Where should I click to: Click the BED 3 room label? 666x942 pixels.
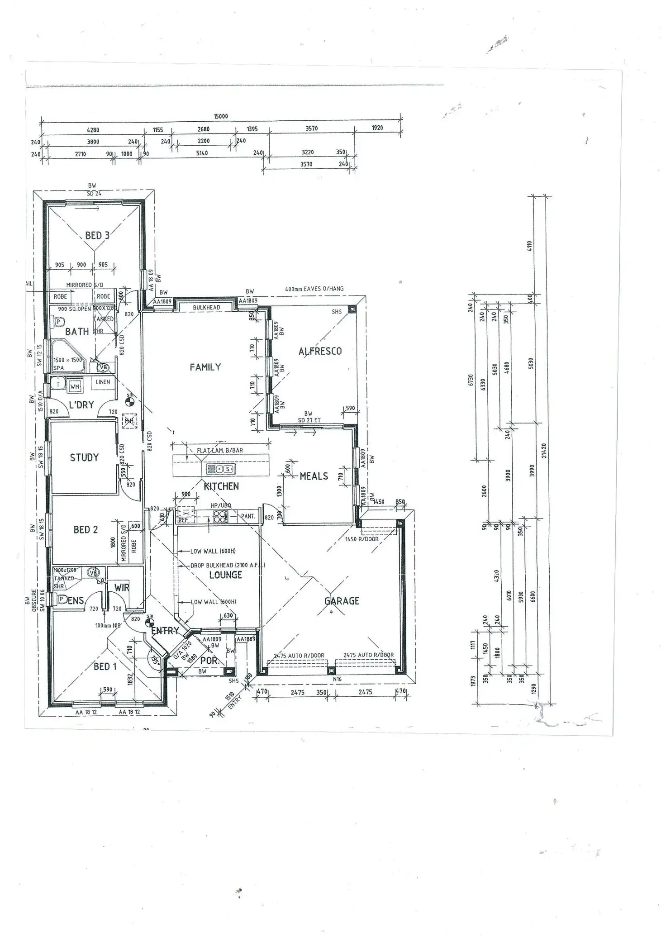click(x=97, y=235)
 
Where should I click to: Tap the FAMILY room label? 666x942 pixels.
click(x=205, y=367)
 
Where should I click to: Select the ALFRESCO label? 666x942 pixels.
click(x=320, y=351)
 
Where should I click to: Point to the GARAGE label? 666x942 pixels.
click(x=342, y=601)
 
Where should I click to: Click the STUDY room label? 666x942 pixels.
click(x=84, y=457)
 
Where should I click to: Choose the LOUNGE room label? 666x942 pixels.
click(x=225, y=575)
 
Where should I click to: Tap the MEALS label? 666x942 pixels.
click(x=314, y=476)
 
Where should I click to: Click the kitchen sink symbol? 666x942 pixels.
click(x=221, y=469)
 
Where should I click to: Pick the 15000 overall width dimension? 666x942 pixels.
click(x=220, y=116)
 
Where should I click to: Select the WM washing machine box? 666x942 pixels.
click(x=75, y=387)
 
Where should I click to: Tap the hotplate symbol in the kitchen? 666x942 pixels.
click(x=220, y=516)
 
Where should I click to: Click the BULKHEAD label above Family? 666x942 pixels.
click(x=206, y=308)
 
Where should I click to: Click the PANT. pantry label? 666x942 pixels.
click(x=247, y=516)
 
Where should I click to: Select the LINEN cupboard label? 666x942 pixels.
click(x=103, y=382)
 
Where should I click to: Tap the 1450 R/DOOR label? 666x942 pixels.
click(x=362, y=539)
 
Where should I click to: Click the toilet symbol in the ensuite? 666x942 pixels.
click(x=61, y=599)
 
